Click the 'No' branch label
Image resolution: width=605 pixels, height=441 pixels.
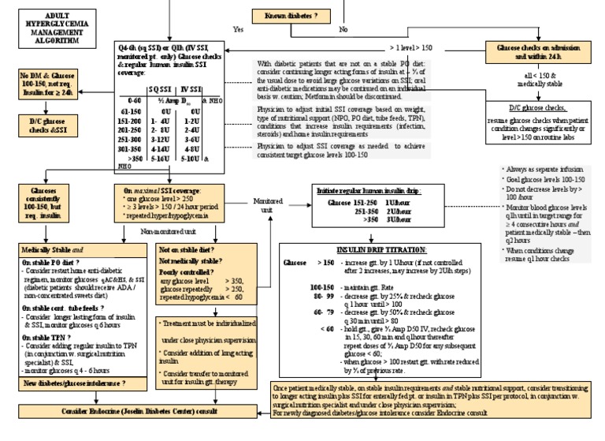tap(343, 28)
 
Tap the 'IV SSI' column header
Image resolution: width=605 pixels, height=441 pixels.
tap(191, 88)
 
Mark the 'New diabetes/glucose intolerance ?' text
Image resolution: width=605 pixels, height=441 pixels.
tap(75, 383)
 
